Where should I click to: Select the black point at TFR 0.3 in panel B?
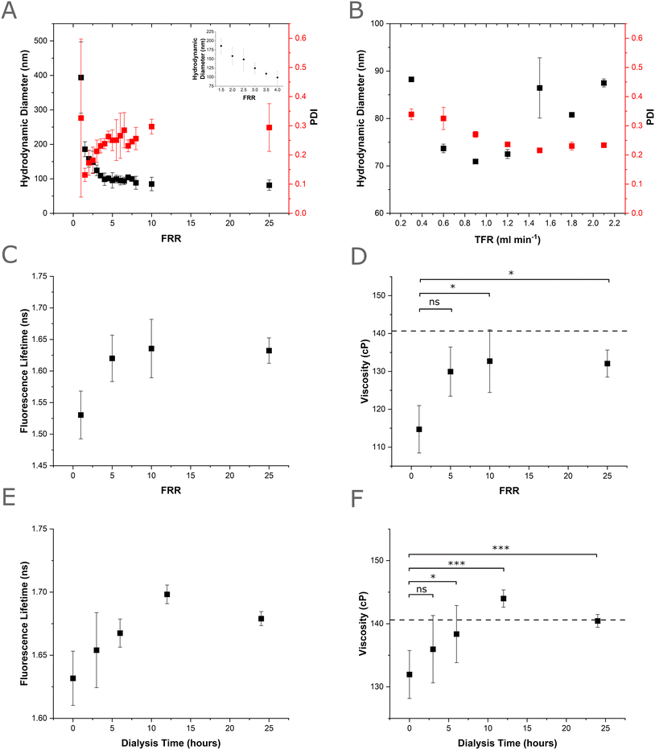coord(411,80)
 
